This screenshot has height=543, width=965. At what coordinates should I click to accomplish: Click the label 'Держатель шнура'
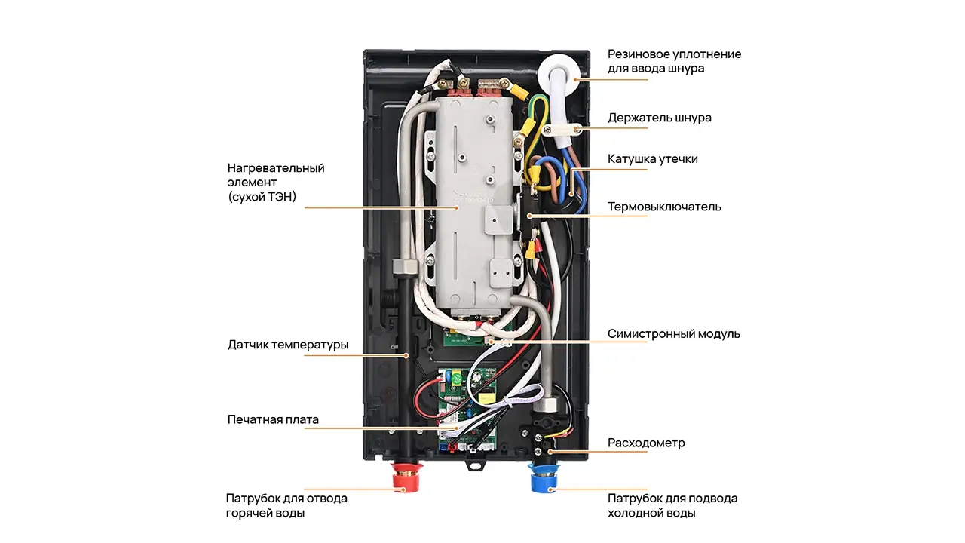point(659,118)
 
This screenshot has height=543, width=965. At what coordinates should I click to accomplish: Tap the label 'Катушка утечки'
point(652,159)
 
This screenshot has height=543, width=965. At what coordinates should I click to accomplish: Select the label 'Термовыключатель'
point(664,207)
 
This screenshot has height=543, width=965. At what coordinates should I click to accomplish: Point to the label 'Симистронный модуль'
point(674,333)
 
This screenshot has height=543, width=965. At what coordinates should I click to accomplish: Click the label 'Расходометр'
point(646,443)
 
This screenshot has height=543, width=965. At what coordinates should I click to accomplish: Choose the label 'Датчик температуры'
point(288,345)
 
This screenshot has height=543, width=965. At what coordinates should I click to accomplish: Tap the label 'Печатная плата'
point(273,420)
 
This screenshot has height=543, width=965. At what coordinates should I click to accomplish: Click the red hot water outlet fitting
point(406,477)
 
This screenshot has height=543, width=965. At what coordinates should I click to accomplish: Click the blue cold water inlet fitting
point(544,477)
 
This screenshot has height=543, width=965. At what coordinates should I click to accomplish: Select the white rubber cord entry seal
point(559,74)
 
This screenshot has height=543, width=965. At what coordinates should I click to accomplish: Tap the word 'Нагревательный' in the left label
point(276,168)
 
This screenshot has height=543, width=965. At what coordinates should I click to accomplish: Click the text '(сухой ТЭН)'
point(262,197)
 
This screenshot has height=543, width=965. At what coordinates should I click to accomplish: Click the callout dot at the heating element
point(457,207)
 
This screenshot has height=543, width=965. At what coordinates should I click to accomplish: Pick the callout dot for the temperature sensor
point(406,355)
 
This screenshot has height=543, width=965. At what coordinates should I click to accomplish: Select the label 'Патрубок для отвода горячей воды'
point(286,505)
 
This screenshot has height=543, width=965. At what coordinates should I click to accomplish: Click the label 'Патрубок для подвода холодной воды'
point(672,505)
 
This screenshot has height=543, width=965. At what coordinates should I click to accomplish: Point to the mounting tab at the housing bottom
point(476,465)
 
